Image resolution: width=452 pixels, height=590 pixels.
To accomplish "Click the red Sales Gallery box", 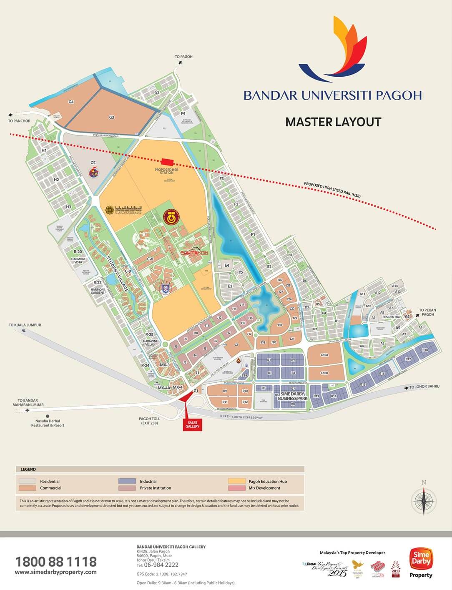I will (192, 425).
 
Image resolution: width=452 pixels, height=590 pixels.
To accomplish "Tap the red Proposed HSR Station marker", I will (168, 162).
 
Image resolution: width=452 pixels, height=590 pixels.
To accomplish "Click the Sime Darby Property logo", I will (421, 562).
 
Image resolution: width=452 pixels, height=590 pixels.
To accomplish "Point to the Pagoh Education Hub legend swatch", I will (236, 481).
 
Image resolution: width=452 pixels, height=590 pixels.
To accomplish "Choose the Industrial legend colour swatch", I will (127, 481).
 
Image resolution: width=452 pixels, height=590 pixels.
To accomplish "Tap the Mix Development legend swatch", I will (236, 488).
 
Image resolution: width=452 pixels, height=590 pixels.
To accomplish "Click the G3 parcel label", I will (111, 118).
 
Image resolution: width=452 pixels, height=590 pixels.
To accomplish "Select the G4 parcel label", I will (71, 102).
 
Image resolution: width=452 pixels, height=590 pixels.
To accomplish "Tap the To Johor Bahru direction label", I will (424, 387).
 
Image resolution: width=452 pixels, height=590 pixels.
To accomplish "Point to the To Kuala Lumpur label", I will (25, 325).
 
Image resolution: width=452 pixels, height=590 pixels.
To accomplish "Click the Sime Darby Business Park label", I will (293, 396).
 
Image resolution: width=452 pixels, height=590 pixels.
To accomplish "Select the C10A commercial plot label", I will (324, 355).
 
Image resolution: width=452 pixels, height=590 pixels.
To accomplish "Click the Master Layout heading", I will (333, 122).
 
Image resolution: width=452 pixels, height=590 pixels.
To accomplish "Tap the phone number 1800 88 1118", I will (56, 562).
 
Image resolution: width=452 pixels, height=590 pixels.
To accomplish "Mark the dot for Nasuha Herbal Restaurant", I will (48, 416).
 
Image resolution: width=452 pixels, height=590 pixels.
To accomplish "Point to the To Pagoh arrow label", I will (183, 57).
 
